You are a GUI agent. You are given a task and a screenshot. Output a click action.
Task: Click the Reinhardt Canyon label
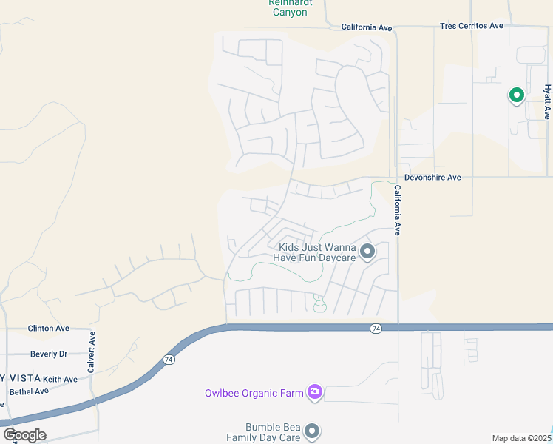tap(289, 7)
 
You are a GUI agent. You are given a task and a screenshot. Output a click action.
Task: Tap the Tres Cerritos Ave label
tap(471, 26)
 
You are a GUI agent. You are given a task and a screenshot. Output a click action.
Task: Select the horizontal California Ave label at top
tap(366, 27)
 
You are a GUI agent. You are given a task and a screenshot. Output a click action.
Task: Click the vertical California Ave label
tap(397, 210)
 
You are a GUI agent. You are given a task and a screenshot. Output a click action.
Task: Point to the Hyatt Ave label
tap(548, 101)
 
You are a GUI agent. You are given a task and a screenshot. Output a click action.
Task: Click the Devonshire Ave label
tap(432, 178)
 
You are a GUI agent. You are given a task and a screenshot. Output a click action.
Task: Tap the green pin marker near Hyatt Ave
tap(516, 95)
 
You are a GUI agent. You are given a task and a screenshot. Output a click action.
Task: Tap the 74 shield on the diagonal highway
tap(169, 360)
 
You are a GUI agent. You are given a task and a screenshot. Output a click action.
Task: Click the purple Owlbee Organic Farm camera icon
tap(315, 391)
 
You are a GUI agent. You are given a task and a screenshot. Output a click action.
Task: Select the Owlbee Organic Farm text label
tap(254, 393)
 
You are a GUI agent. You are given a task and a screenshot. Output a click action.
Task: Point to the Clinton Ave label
tap(48, 328)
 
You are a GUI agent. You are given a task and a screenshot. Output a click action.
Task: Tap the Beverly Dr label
tap(49, 354)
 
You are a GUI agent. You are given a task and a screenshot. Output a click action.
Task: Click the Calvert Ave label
tap(92, 351)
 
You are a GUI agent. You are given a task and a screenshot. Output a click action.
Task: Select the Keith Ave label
tap(60, 380)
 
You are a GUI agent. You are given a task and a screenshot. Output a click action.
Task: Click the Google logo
tap(24, 434)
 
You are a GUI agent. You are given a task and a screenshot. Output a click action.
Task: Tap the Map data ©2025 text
tap(521, 438)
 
